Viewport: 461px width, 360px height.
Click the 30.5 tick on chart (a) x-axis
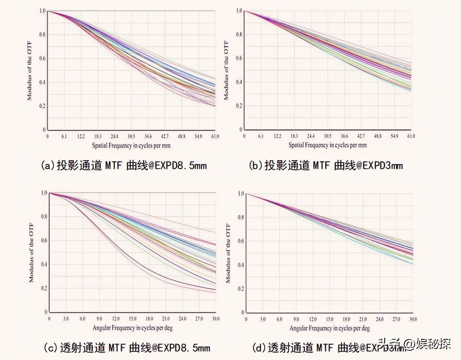(x=131, y=136)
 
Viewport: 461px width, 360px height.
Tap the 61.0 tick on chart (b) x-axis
(x=411, y=136)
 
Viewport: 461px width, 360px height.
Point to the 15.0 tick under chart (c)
(x=132, y=319)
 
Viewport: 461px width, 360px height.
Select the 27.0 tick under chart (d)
(x=396, y=319)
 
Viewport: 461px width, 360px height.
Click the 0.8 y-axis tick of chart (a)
(x=42, y=34)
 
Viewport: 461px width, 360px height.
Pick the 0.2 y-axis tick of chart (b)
(x=239, y=106)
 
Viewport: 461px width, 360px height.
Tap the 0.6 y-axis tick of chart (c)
(x=44, y=241)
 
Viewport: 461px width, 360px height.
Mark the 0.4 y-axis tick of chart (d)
(x=241, y=265)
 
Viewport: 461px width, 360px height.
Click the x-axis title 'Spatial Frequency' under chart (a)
(x=131, y=146)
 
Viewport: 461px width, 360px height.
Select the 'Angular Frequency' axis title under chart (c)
(x=132, y=328)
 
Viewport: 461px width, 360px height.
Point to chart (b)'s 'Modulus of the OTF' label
(x=226, y=70)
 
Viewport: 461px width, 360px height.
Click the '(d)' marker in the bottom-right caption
(x=259, y=348)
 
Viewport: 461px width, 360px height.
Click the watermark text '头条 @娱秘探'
(x=414, y=343)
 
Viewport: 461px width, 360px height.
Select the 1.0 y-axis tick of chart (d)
(x=241, y=194)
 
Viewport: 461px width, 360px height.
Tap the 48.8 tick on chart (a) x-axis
(x=182, y=136)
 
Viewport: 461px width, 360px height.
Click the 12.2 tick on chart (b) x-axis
(x=277, y=136)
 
